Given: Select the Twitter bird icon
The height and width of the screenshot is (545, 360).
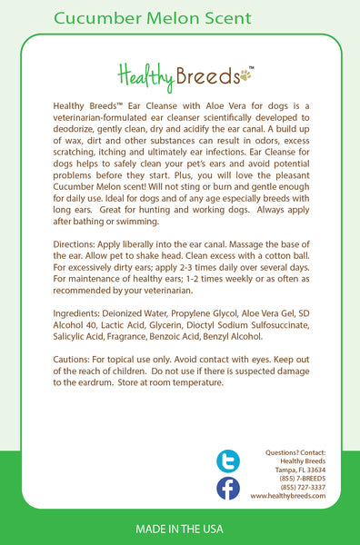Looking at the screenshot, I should pos(228,461).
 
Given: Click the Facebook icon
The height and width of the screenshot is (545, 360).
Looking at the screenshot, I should pos(228,488).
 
